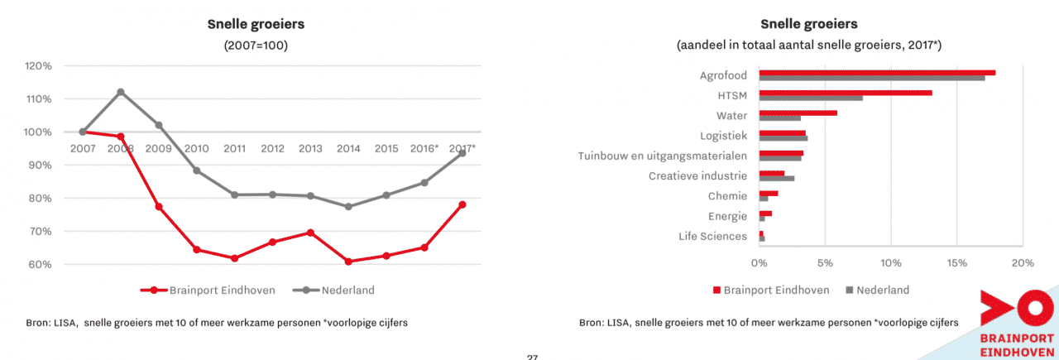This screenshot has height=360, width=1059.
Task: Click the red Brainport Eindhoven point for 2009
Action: click(x=158, y=206)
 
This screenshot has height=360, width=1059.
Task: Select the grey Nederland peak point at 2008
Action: click(x=121, y=92)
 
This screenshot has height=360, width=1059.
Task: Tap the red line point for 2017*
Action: click(x=462, y=204)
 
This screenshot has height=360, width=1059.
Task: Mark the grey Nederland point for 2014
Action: click(x=348, y=207)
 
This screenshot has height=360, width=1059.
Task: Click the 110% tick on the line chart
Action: click(x=39, y=98)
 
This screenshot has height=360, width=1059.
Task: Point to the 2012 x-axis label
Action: click(x=272, y=149)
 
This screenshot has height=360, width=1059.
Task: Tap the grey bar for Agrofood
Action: click(x=871, y=78)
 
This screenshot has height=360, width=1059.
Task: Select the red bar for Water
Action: click(x=798, y=113)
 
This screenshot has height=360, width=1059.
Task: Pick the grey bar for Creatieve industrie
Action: click(x=777, y=178)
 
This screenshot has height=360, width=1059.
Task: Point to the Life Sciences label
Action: click(x=713, y=237)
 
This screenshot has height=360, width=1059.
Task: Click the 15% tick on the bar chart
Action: click(x=956, y=263)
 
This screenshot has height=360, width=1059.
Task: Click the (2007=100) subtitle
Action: click(x=256, y=45)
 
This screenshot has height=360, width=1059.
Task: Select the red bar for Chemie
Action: click(x=769, y=194)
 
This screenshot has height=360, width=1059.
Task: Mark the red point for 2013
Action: click(x=310, y=233)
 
